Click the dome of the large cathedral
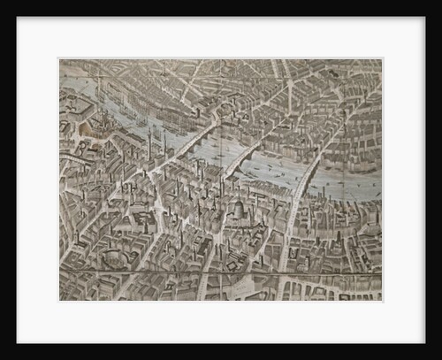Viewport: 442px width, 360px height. pyautogui.click(x=237, y=210)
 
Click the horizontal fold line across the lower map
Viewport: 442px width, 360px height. pyautogui.click(x=221, y=272)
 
